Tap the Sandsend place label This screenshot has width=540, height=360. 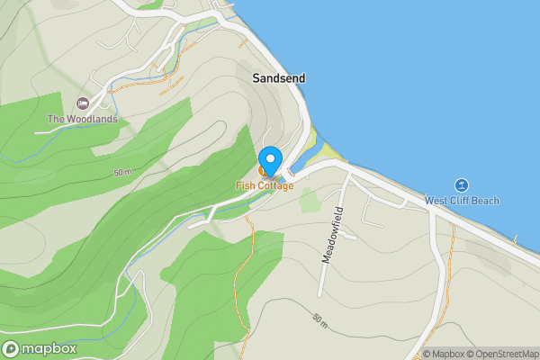click(x=278, y=78)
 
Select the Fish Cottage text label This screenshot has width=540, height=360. click(x=265, y=185)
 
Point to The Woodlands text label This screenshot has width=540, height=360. click(x=84, y=119)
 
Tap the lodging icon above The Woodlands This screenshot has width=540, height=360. click(x=84, y=103)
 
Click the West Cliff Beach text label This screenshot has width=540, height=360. click(x=461, y=200)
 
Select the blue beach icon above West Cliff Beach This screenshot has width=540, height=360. click(x=461, y=184)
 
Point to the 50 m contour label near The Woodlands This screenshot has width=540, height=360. click(x=123, y=172)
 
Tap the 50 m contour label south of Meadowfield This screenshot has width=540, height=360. click(x=321, y=319)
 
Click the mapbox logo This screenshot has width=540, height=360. click(x=40, y=348)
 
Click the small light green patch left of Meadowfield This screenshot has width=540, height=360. click(x=310, y=200)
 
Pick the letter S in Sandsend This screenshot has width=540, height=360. click(x=256, y=78)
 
